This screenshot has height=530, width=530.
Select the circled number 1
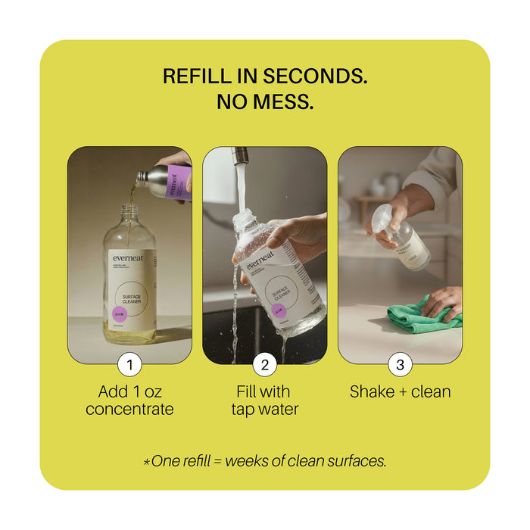click(129, 365)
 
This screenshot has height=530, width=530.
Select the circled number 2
click(264, 365)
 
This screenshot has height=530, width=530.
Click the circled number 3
click(400, 365)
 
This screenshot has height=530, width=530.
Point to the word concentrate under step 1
click(129, 410)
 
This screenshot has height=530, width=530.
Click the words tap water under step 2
click(264, 410)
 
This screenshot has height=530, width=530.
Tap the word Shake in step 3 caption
click(372, 391)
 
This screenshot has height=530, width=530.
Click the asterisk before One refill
click(146, 461)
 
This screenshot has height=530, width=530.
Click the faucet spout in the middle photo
click(239, 157)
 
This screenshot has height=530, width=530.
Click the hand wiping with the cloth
click(442, 303)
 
